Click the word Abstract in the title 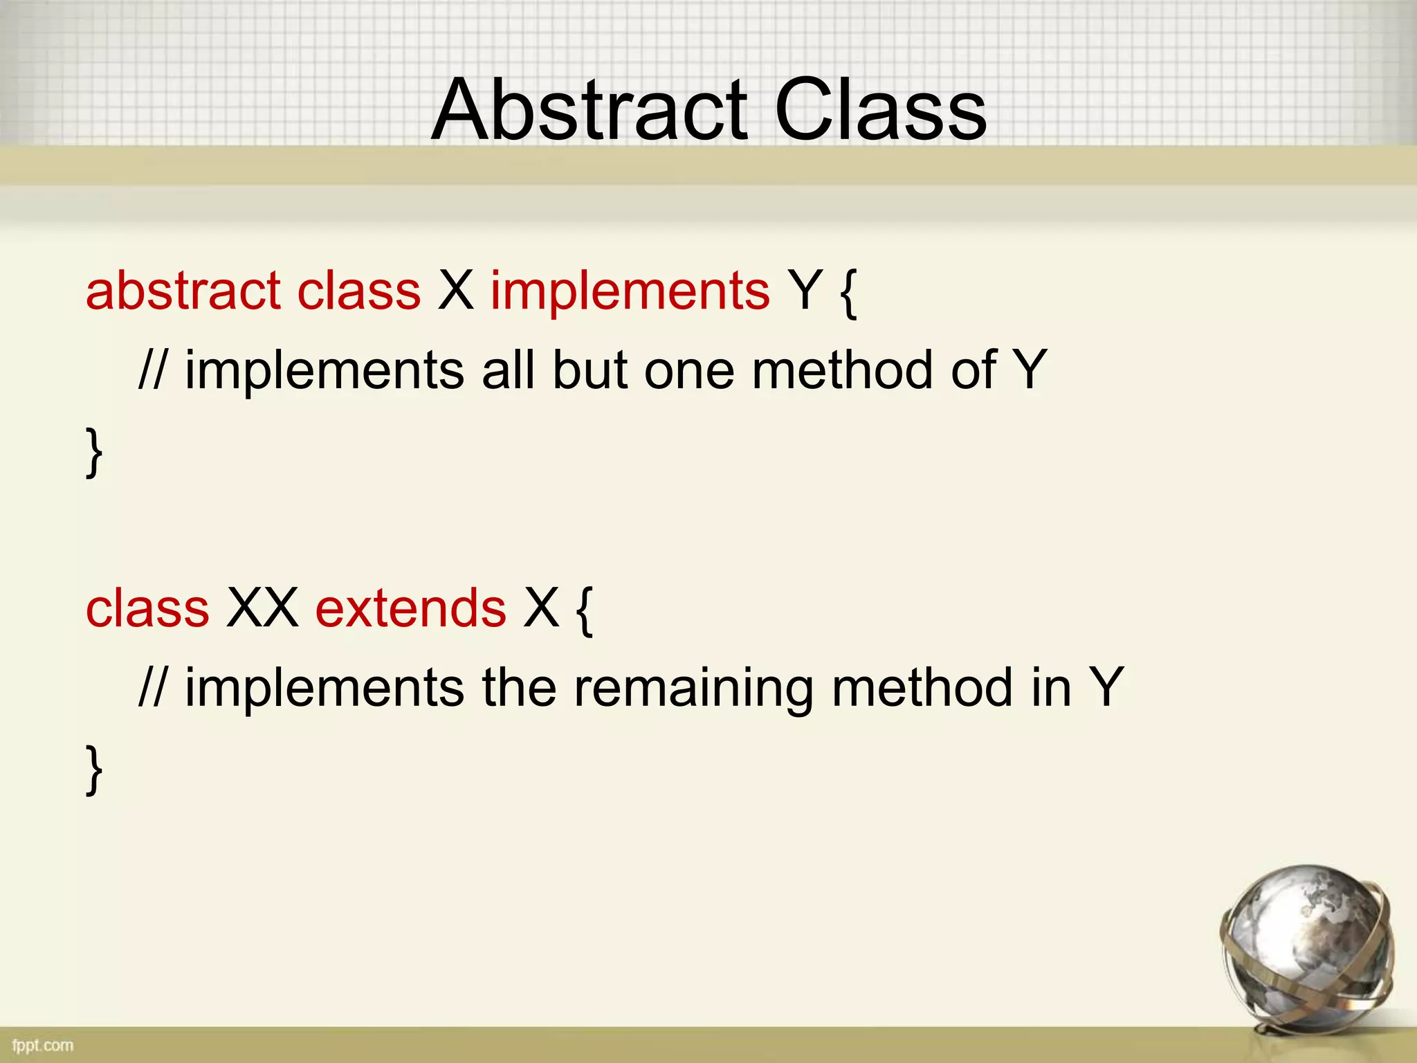coord(589,111)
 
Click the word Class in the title coord(879,111)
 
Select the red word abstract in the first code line coord(183,291)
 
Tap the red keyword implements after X coord(630,291)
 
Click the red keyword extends coord(410,608)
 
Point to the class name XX coord(262,608)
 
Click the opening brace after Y coord(848,293)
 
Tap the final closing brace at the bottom coord(94,770)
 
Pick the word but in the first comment coord(590,370)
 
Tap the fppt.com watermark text coord(43,1045)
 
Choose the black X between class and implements coord(455,291)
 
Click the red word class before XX coord(147,608)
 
